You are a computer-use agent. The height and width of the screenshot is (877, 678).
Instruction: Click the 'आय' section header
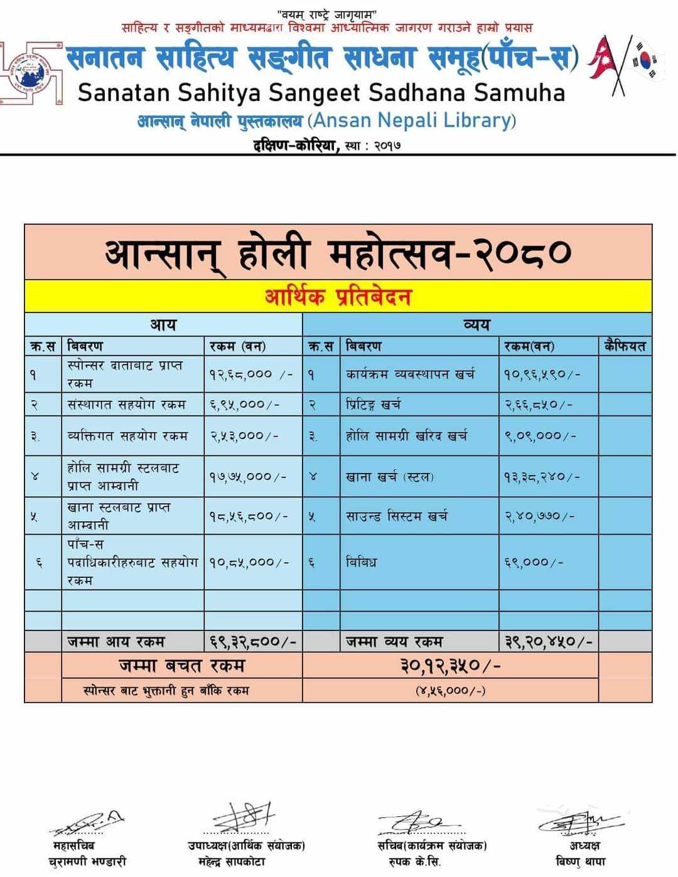(x=163, y=325)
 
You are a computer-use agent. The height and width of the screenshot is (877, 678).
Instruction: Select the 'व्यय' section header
(x=476, y=325)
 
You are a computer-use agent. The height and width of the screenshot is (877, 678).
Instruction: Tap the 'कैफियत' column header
(x=625, y=346)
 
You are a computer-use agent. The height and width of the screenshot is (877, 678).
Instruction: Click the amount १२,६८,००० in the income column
(x=249, y=374)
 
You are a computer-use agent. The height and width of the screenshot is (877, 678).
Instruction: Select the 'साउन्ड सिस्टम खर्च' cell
(x=397, y=516)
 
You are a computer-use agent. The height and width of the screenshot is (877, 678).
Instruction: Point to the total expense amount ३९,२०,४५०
(x=549, y=642)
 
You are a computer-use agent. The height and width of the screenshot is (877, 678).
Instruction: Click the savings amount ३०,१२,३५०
(x=450, y=665)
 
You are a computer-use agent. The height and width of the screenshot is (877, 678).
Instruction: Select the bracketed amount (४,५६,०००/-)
(x=450, y=691)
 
